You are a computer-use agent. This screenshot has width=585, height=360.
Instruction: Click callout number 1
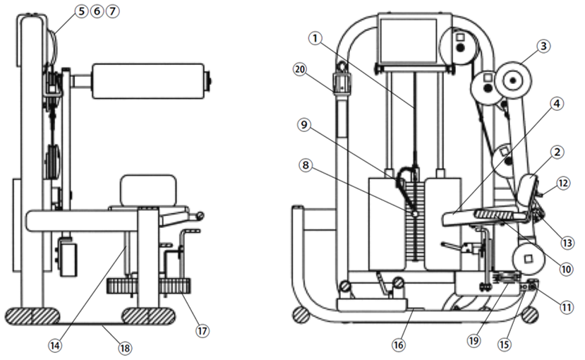315,38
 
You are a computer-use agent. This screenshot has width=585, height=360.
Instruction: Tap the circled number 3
543,46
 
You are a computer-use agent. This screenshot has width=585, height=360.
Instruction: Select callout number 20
300,69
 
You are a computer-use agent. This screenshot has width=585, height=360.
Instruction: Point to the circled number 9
304,125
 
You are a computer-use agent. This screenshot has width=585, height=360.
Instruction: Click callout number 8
306,165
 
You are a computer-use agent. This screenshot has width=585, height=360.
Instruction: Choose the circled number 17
203,330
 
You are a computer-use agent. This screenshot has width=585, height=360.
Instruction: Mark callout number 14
55,346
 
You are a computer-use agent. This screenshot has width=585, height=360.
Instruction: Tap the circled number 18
125,348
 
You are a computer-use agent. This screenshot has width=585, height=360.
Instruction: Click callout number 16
399,344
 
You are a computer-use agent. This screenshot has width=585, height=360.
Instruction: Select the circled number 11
567,307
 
